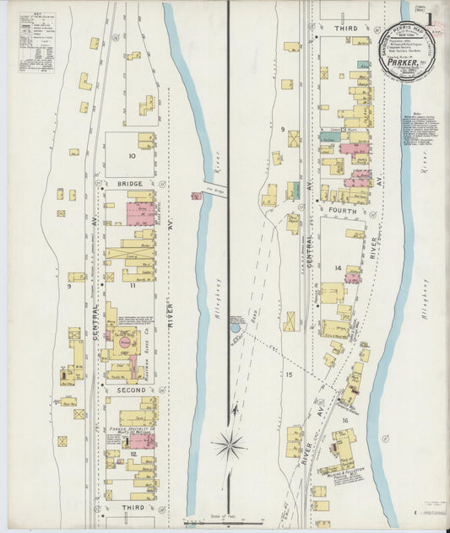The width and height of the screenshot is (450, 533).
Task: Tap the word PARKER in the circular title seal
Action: point(404,61)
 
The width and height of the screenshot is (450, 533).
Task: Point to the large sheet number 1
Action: point(433,19)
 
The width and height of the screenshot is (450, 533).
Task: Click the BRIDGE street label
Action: point(129,184)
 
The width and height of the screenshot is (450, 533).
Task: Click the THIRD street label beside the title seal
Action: point(345,29)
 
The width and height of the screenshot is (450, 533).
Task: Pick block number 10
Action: point(132,156)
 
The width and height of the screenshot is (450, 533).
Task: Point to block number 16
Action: point(344,419)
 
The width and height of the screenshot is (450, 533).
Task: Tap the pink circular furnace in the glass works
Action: point(125,343)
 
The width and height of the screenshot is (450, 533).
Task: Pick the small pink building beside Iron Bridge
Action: point(196,197)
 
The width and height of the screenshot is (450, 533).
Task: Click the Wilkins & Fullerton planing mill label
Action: point(347,473)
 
